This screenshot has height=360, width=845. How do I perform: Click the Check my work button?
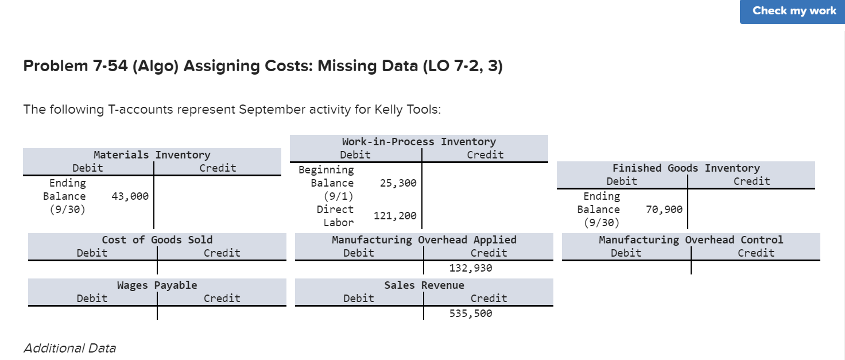tap(794, 11)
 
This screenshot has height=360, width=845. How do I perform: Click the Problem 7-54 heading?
tap(263, 67)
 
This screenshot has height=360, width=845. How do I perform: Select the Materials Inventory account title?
tap(152, 155)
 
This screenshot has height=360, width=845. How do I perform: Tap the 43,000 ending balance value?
tap(129, 196)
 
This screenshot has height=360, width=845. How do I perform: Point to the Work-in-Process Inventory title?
tap(418, 142)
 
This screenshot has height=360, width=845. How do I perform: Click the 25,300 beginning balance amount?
tap(398, 183)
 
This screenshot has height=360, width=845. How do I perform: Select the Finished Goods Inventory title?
tap(685, 168)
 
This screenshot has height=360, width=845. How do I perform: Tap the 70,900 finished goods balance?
tap(664, 210)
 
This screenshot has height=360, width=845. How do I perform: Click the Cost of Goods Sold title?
tap(157, 240)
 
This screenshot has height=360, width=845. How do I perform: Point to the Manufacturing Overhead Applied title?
tap(424, 240)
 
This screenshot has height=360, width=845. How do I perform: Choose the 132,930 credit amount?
tap(470, 268)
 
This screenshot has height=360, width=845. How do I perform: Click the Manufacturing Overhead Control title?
tap(691, 240)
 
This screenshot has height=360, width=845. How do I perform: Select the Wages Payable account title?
tap(157, 285)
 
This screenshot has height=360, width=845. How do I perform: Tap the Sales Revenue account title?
tap(424, 285)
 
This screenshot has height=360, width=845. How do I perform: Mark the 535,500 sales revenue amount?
tap(470, 313)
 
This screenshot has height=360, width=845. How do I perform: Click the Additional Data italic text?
tap(69, 348)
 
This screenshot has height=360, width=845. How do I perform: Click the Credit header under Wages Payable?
tap(222, 299)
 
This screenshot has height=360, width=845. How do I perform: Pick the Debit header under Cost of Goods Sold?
tap(92, 253)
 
